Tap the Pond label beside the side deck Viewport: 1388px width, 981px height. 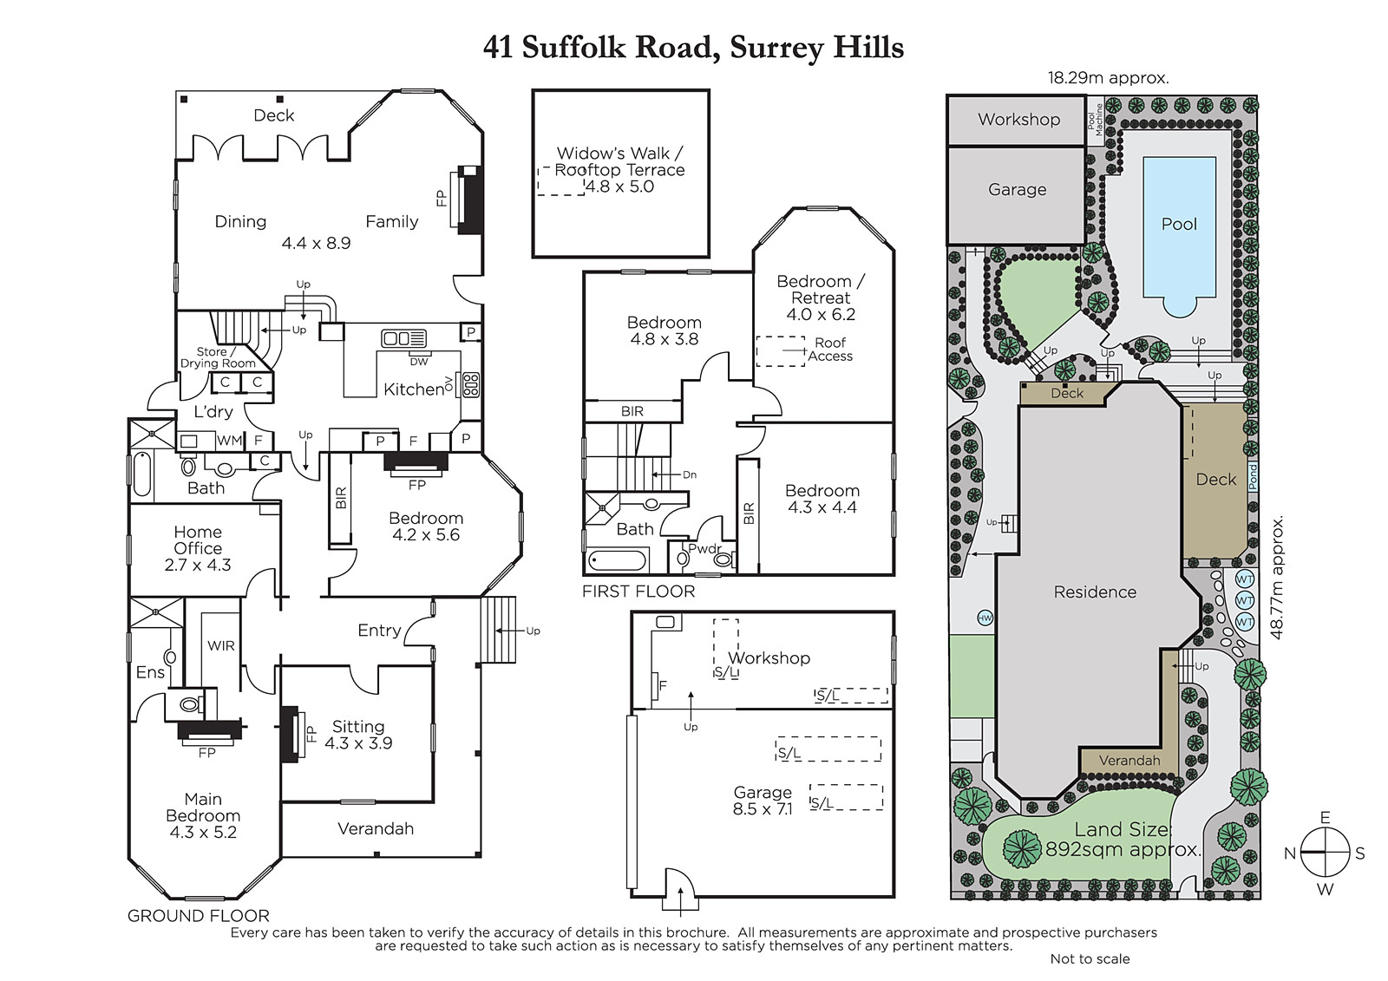coord(1253,477)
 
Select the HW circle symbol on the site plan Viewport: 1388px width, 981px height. coord(985,618)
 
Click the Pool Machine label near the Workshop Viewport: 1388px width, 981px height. coord(1095,120)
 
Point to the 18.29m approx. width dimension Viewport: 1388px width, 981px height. coord(1108,78)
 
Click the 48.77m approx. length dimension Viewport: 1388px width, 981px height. coord(1276,578)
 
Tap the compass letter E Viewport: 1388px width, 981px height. coord(1325,817)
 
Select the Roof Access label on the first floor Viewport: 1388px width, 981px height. coord(830,350)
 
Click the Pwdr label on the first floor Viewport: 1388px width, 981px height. coord(704,548)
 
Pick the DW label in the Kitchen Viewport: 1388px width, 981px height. coord(419,362)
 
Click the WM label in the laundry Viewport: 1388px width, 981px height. coord(229,441)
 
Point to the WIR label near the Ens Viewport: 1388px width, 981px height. coord(221,645)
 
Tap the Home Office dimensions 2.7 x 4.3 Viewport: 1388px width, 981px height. coord(198,566)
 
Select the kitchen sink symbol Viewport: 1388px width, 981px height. coord(403,338)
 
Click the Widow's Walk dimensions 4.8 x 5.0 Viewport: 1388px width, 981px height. coord(619,186)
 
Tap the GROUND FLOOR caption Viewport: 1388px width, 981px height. coord(199,916)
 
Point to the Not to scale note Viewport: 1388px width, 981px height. coord(1090,958)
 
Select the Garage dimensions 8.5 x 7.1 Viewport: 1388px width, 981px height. coord(763,809)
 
